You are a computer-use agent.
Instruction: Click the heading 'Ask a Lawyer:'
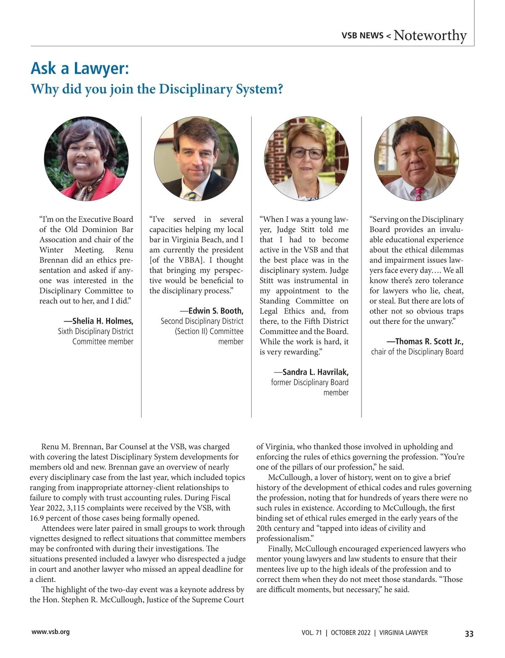[x=80, y=68]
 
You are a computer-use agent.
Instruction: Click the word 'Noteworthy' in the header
[x=430, y=35]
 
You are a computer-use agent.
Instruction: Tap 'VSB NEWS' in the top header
[x=362, y=36]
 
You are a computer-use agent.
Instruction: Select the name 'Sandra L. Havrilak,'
[x=315, y=372]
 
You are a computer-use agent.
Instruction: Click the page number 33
[x=469, y=634]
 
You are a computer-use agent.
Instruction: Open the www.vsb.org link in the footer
[x=50, y=631]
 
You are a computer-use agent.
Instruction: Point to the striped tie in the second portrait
[x=192, y=195]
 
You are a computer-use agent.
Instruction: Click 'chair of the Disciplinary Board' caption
[x=417, y=352]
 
